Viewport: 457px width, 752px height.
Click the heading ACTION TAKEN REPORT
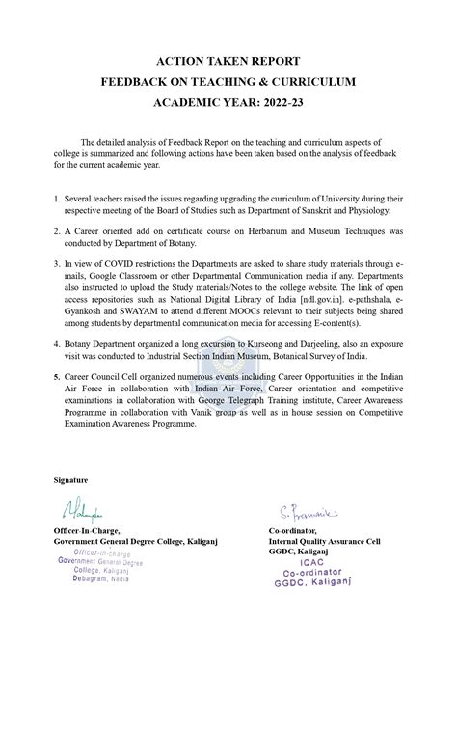228,60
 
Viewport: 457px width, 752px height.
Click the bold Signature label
70,479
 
